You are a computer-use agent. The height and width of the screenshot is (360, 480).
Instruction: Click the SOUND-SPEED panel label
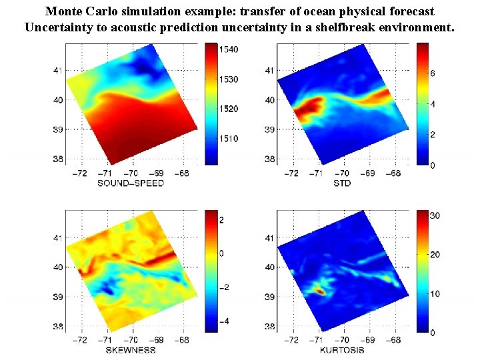131,183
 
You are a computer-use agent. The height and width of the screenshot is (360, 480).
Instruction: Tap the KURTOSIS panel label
342,349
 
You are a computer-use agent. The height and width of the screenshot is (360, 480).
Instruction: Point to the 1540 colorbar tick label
230,50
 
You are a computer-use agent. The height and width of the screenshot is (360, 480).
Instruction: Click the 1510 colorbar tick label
230,139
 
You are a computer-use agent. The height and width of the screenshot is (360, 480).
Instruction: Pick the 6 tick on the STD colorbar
432,73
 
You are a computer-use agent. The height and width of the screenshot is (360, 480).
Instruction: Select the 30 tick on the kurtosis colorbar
434,216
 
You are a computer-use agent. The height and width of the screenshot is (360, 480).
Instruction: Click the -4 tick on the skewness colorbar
227,321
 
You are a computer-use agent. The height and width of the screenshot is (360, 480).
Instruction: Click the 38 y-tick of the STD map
270,159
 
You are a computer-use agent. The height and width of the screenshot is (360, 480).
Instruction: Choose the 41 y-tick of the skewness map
59,237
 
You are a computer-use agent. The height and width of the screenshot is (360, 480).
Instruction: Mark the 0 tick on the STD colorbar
432,165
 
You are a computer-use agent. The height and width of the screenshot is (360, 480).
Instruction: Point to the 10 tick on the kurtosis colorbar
434,293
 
